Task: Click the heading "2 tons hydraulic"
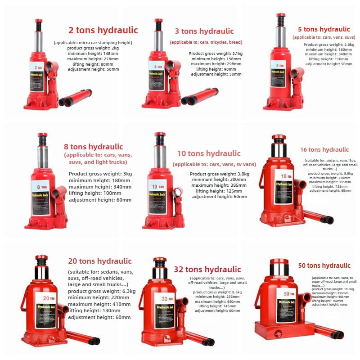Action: (x=103, y=31)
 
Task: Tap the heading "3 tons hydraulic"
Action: (x=204, y=31)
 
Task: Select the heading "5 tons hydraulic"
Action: (x=321, y=30)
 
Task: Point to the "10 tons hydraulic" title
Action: (x=208, y=154)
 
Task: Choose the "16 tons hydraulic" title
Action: (x=324, y=150)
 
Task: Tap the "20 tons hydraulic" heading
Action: (x=100, y=261)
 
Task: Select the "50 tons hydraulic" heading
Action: (x=324, y=265)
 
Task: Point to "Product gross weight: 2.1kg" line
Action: (x=216, y=54)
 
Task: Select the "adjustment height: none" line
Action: (x=329, y=305)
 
